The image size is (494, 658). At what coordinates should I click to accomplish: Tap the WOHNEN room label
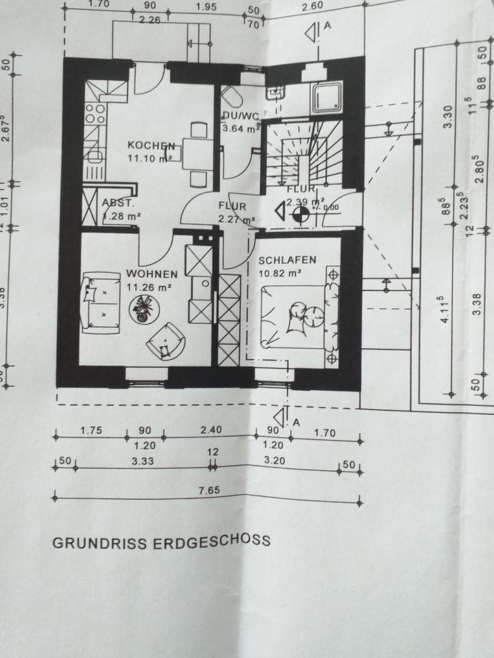(148, 274)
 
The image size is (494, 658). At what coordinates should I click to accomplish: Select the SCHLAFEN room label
(287, 260)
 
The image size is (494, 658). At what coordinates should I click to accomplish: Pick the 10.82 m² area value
(279, 273)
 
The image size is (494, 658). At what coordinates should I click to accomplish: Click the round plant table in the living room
(143, 310)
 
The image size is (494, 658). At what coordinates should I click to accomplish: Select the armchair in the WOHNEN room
(165, 341)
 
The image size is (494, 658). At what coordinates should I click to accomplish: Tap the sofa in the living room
(99, 302)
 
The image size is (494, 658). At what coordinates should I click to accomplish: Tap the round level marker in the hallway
(298, 213)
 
